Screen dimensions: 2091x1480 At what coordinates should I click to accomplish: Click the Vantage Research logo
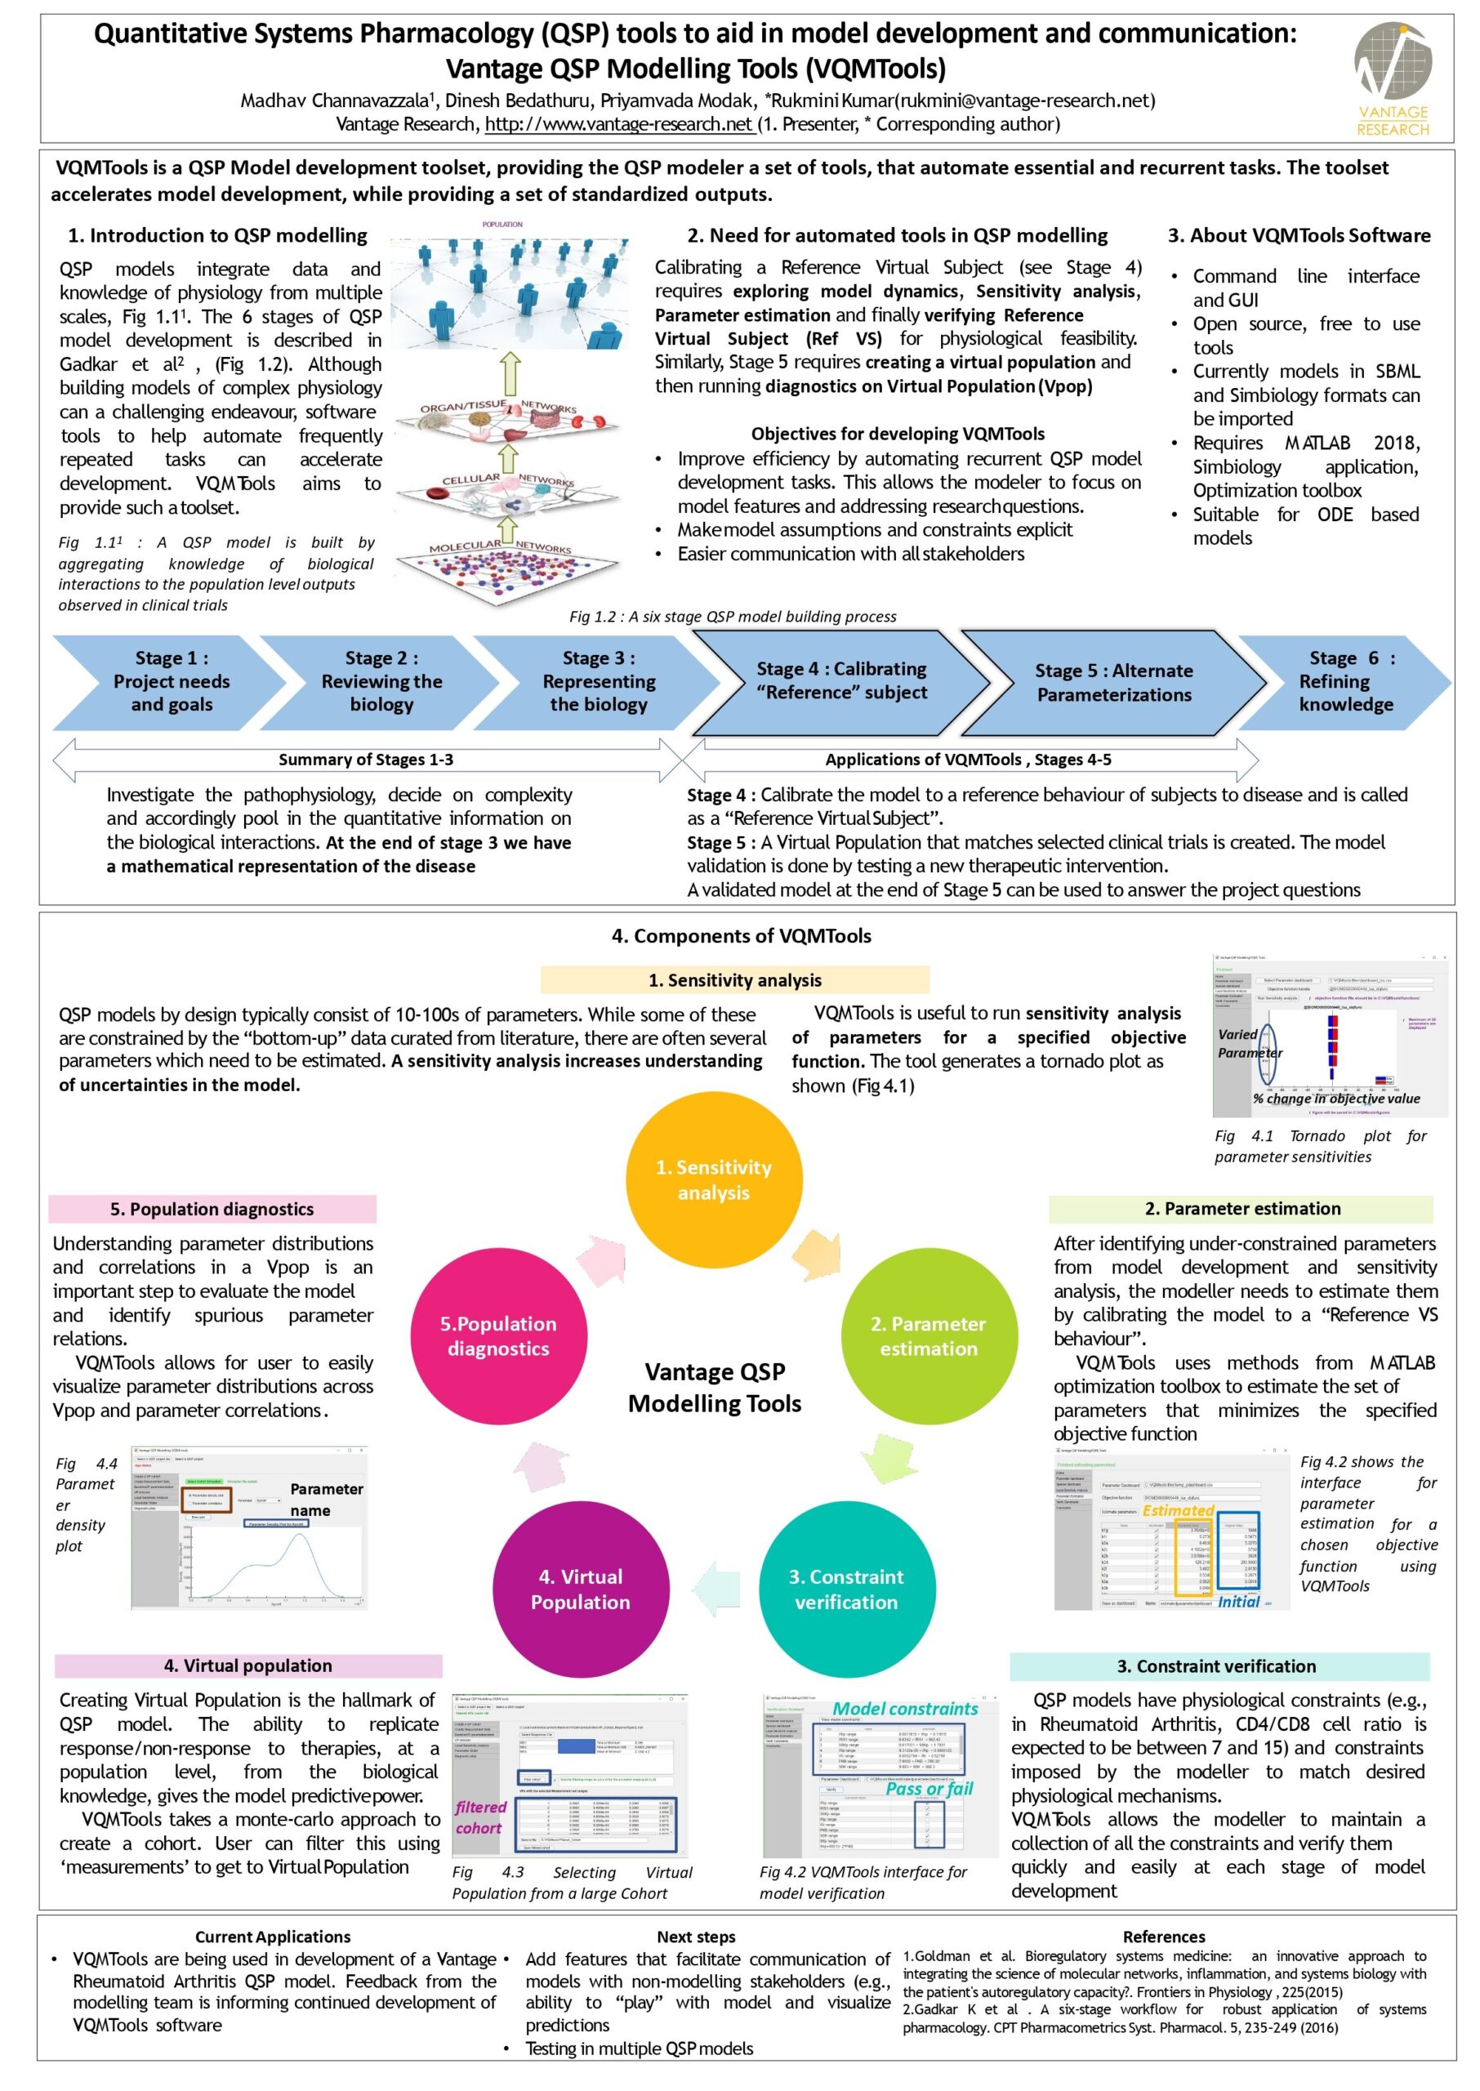pos(1392,78)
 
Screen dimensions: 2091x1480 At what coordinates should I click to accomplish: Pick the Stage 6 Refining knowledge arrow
pos(1345,681)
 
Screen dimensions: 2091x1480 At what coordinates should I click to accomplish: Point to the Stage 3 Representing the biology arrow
pos(598,681)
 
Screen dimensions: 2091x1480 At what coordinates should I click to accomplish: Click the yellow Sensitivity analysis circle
pos(714,1180)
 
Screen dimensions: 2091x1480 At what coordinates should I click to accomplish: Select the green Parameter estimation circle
pos(928,1335)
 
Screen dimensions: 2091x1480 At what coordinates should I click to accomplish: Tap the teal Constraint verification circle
pos(845,1589)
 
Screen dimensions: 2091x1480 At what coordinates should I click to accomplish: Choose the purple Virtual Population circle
pos(581,1589)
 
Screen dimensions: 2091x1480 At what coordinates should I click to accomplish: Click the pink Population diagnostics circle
pos(498,1335)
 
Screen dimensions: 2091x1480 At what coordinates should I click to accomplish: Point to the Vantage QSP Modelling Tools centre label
pos(715,1387)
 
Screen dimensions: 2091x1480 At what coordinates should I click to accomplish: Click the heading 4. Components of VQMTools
pos(741,936)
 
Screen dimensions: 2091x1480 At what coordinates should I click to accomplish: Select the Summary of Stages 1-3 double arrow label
pos(365,760)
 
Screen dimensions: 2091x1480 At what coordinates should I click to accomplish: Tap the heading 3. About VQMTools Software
pos(1299,235)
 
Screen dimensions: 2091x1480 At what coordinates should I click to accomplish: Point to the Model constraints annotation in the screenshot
pos(904,1710)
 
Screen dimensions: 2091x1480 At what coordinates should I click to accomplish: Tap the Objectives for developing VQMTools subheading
pos(897,434)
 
